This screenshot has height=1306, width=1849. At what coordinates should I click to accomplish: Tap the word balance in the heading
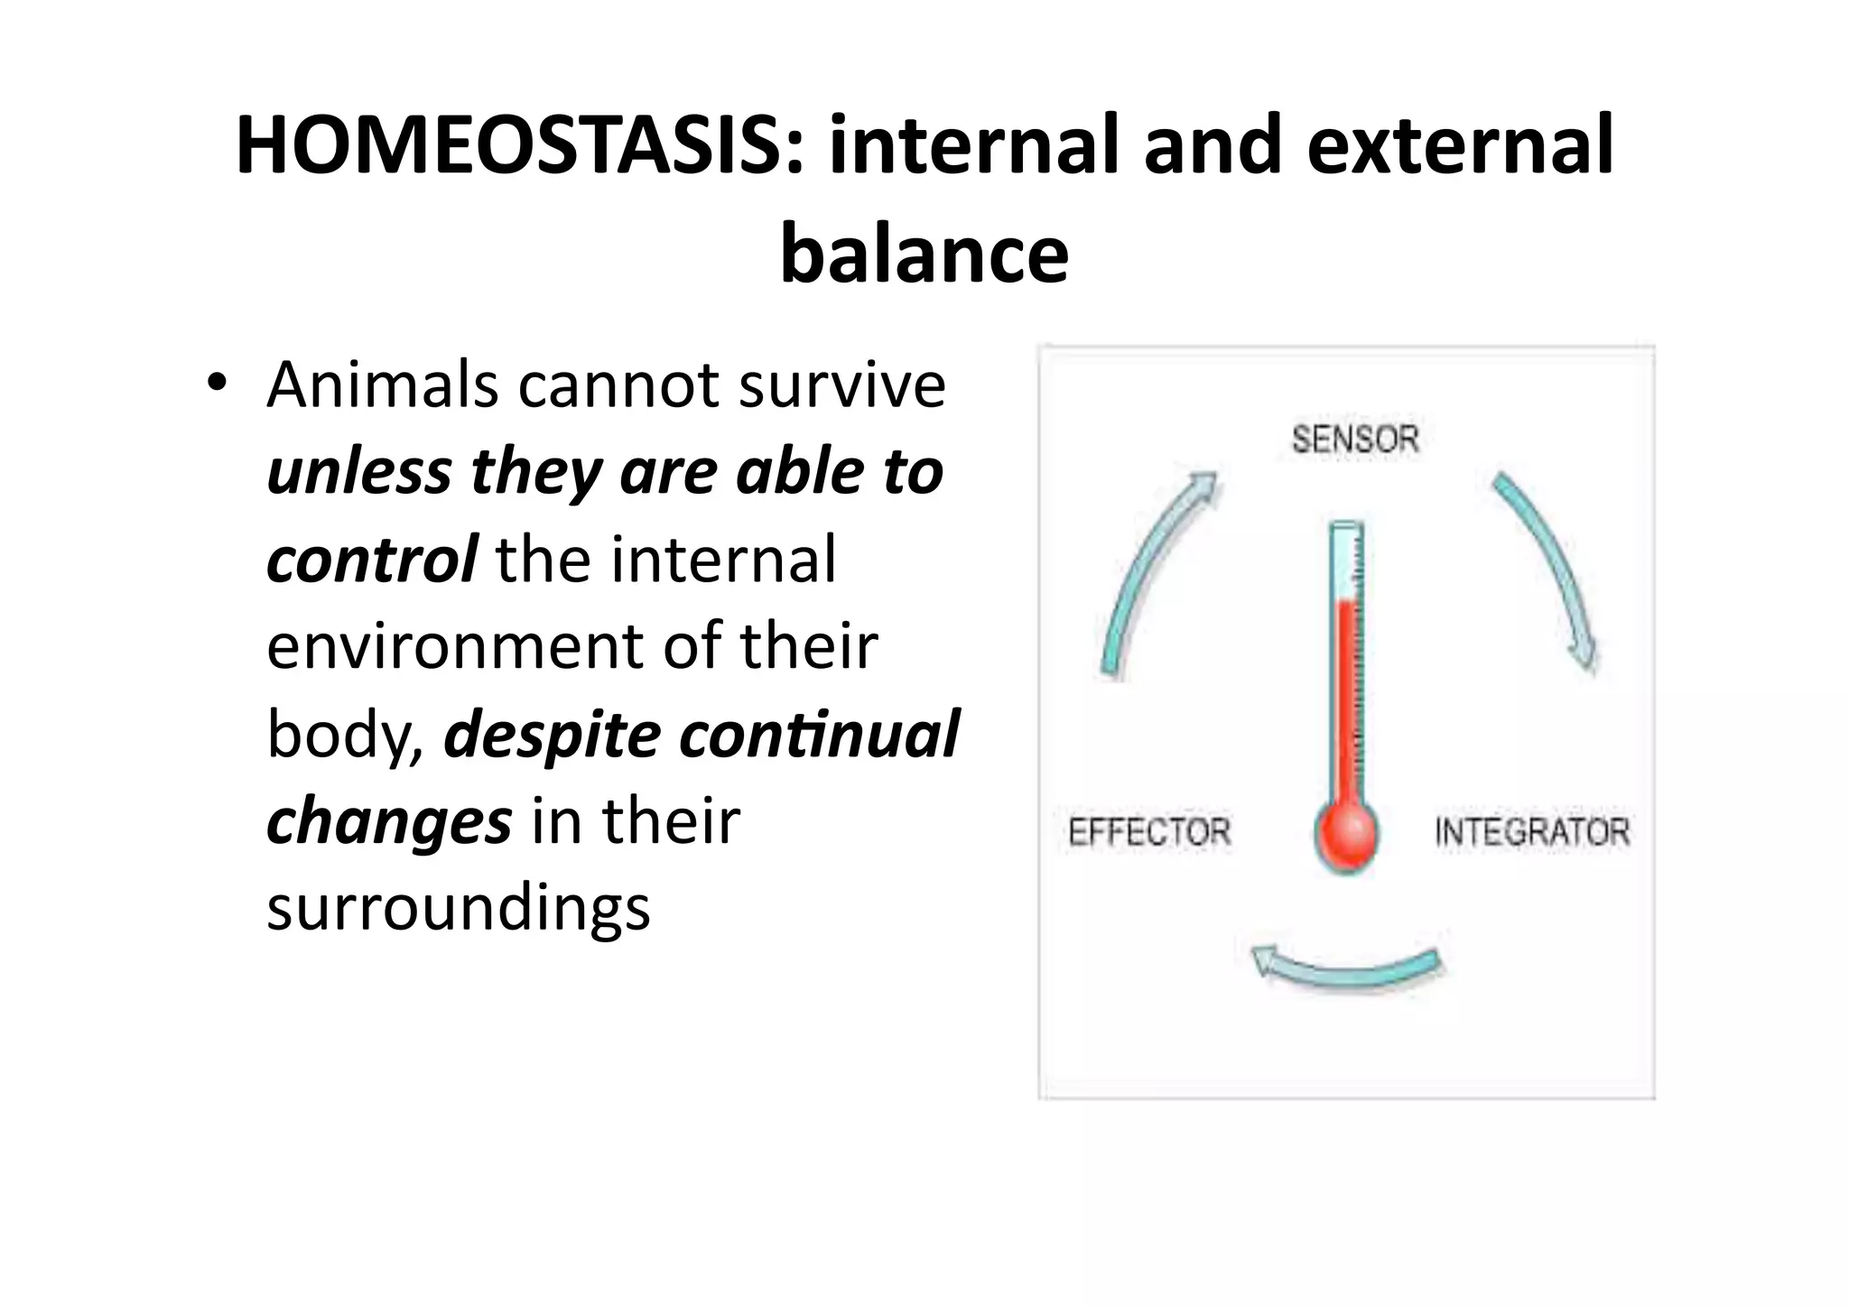[x=924, y=254]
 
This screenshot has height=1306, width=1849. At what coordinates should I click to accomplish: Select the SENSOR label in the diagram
[x=1354, y=440]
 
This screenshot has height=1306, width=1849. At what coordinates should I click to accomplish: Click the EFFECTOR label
[x=1148, y=831]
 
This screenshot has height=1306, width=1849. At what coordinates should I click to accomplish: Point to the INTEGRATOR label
[x=1531, y=831]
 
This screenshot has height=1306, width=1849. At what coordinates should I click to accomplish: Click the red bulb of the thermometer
[x=1345, y=834]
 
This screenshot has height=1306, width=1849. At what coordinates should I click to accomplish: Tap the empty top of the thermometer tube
[x=1346, y=560]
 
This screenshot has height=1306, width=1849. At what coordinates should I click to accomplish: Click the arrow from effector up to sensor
[x=1150, y=569]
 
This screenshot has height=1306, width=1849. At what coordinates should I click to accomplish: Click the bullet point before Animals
[x=215, y=383]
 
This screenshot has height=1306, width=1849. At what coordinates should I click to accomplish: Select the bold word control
[x=371, y=560]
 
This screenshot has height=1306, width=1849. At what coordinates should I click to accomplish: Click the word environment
[x=454, y=646]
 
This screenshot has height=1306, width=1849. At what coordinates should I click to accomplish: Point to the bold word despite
[x=552, y=735]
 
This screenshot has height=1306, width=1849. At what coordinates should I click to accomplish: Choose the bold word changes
[x=389, y=821]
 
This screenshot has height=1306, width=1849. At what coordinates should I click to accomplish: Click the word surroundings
[x=458, y=908]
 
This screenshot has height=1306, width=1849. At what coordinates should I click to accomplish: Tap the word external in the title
[x=1459, y=146]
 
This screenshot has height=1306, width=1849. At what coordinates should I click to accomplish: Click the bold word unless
[x=358, y=473]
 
